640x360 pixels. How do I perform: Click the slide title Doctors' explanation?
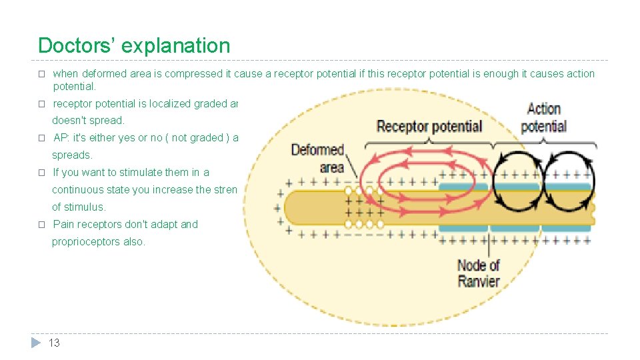134,46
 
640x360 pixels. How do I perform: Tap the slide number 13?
54,343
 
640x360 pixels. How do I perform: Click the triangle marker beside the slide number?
36,343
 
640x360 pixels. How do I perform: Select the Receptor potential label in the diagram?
429,126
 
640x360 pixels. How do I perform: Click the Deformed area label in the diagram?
317,158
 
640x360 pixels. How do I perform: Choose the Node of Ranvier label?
478,273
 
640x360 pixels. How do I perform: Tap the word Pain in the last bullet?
64,225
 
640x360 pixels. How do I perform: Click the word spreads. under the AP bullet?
72,155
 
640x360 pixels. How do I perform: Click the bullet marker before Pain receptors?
41,225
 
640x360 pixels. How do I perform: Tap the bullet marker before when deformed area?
41,74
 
